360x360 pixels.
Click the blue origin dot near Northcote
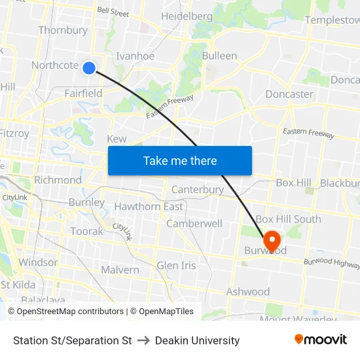click(x=90, y=67)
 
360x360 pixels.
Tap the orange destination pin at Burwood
click(x=271, y=241)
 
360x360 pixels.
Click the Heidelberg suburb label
click(x=187, y=16)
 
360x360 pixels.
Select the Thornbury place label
click(x=63, y=30)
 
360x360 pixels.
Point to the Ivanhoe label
click(x=135, y=56)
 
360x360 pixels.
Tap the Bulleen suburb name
click(x=219, y=56)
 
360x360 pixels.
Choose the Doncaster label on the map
click(x=289, y=94)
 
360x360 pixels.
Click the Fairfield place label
click(x=83, y=93)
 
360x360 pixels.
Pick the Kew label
click(x=117, y=139)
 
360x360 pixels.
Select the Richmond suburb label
click(x=58, y=180)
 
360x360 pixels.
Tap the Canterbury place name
click(x=198, y=190)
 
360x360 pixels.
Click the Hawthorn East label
click(x=149, y=207)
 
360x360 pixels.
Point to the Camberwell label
click(x=194, y=223)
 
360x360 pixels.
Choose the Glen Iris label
click(x=176, y=265)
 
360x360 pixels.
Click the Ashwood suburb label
click(x=248, y=291)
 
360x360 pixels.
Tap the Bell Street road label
click(x=113, y=12)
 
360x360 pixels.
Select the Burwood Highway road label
click(x=331, y=262)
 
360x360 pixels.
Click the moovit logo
click(x=321, y=340)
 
